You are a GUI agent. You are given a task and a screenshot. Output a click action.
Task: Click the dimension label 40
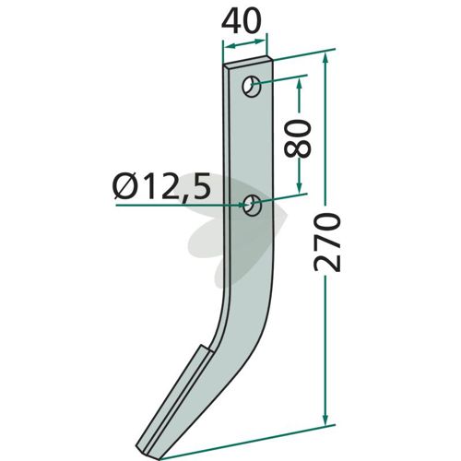[x=242, y=21]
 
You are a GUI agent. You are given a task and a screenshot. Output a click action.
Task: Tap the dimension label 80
[x=298, y=138]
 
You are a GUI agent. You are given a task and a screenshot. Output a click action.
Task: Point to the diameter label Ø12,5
[x=161, y=186]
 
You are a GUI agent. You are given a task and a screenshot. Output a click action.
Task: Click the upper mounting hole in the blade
[x=252, y=86]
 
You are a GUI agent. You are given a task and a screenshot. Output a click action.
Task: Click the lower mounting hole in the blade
[x=253, y=207]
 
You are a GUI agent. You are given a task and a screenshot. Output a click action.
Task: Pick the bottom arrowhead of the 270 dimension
[x=325, y=418]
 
